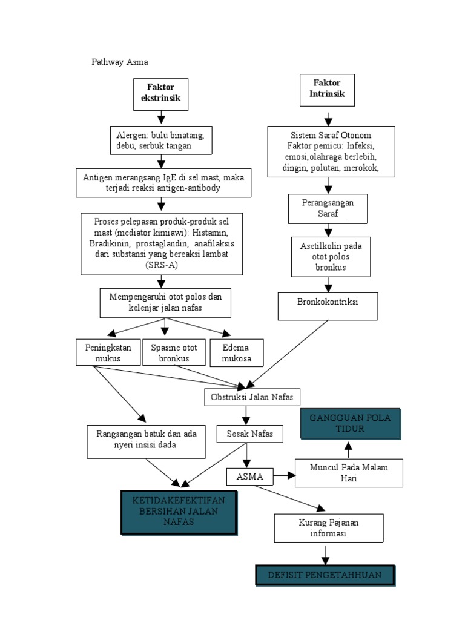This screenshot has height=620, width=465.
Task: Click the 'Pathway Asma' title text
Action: pos(119,62)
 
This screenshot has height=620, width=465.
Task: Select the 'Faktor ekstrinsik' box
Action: pos(160,94)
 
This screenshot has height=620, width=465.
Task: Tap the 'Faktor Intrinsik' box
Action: pos(327,90)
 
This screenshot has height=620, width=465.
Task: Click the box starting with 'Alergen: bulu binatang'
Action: pos(161,140)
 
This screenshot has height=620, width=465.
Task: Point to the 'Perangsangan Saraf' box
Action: pos(328,208)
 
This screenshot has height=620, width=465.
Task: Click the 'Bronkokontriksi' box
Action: pos(328,305)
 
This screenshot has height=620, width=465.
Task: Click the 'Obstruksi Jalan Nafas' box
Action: pos(251,397)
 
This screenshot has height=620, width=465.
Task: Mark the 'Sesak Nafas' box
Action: pos(249,434)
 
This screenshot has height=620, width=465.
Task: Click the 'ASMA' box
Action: pos(249,477)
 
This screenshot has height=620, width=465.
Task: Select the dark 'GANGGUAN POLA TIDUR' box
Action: pos(351,424)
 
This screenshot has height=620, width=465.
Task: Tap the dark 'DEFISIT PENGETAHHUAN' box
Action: pos(325,575)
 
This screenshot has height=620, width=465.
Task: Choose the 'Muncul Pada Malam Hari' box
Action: pos(349,472)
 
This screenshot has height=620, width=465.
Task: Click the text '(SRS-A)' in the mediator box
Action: pos(161,265)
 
